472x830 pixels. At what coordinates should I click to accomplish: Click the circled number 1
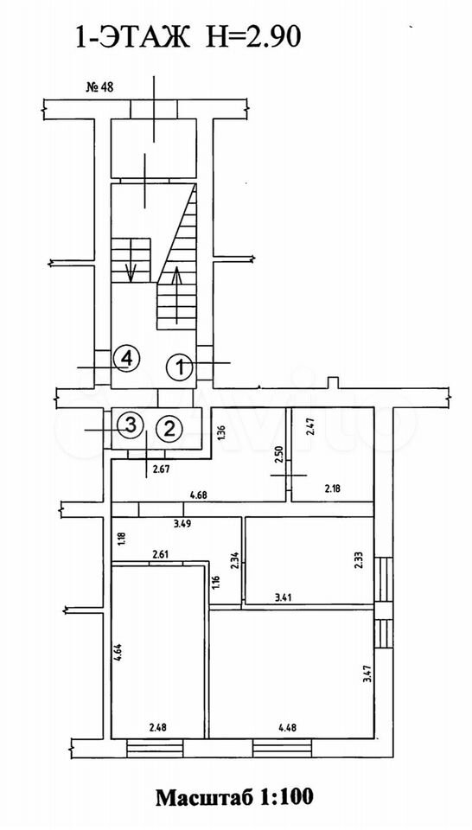179,367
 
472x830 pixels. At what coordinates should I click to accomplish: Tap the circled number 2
169,428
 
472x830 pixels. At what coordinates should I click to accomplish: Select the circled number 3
131,424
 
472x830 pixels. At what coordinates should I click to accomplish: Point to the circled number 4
126,359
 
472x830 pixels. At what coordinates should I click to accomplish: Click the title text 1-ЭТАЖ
132,37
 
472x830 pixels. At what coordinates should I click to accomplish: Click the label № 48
99,88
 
